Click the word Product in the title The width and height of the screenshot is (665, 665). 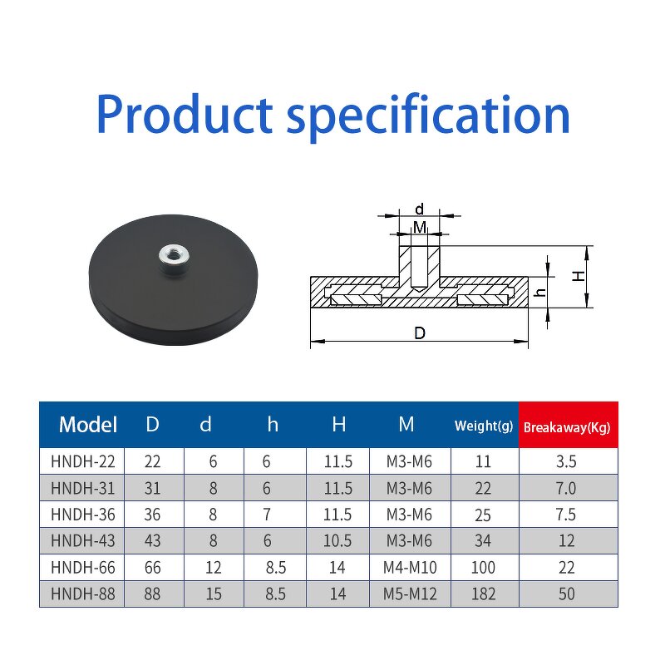[x=184, y=115]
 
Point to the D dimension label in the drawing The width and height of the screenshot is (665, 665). [x=420, y=333]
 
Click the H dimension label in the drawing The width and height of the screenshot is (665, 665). [x=579, y=277]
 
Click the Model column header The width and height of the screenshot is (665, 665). [x=88, y=425]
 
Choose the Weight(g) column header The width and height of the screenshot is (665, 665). [x=484, y=426]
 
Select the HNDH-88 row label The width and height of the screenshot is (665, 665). [x=81, y=594]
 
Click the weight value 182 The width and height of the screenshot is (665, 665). [x=483, y=594]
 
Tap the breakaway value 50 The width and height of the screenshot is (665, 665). [x=568, y=594]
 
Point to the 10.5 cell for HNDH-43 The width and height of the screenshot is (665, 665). [x=338, y=541]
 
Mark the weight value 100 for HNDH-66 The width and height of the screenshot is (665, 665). [x=483, y=568]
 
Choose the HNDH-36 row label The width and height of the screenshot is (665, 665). [x=81, y=515]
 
